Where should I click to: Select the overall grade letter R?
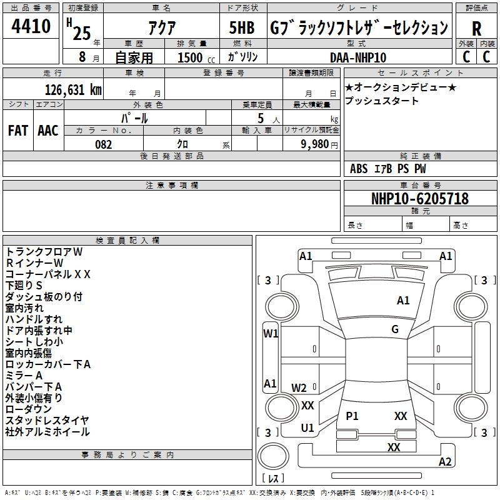point(476,29)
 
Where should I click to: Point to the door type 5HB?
point(242,29)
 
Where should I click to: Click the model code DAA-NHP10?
point(357,57)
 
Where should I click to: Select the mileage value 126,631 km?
point(73,90)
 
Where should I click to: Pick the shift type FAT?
point(17,130)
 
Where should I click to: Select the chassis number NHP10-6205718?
point(419,199)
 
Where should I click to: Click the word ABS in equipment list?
point(359,169)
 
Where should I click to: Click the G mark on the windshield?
point(394,329)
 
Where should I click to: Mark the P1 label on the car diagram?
point(352,416)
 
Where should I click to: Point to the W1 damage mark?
point(271,334)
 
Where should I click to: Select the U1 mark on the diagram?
point(307,428)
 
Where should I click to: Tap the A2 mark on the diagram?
point(445,462)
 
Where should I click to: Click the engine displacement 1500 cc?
point(190,57)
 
